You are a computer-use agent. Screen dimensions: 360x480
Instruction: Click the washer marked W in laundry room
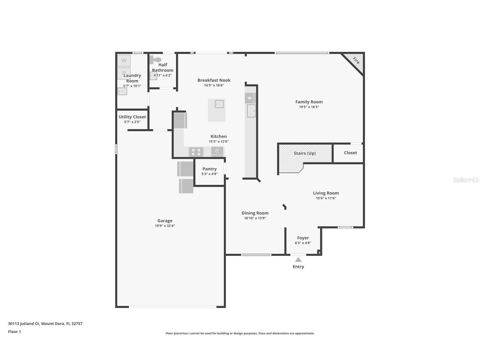(x=124, y=61)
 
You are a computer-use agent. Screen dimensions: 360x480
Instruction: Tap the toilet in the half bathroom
(x=156, y=60)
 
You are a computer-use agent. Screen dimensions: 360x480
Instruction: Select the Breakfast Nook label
(x=214, y=80)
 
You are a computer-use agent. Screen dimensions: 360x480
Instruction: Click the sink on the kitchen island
(x=219, y=104)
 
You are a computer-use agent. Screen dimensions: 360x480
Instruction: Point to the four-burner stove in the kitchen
(x=196, y=152)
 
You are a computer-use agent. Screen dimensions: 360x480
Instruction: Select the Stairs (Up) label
(x=305, y=153)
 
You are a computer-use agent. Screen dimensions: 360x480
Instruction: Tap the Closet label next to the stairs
(x=350, y=153)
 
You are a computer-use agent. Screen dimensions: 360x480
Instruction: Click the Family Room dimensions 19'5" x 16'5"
(x=309, y=107)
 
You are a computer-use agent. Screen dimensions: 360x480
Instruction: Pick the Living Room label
(x=326, y=193)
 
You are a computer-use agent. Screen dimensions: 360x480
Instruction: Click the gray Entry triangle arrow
(x=298, y=260)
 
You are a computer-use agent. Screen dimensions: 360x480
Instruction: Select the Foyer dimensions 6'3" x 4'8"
(x=303, y=243)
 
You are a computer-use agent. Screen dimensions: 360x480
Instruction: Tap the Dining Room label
(x=255, y=213)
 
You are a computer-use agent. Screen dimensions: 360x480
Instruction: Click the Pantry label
(x=209, y=169)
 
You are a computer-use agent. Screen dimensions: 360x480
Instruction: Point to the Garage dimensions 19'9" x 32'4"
(x=165, y=226)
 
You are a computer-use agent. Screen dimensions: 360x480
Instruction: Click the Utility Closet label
(x=132, y=117)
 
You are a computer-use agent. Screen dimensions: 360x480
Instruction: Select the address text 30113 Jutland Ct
(x=24, y=323)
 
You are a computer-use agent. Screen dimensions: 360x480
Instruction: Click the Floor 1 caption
(x=14, y=331)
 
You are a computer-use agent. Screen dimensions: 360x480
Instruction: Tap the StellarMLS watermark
(x=466, y=180)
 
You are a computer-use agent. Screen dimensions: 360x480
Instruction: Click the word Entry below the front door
(x=298, y=267)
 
